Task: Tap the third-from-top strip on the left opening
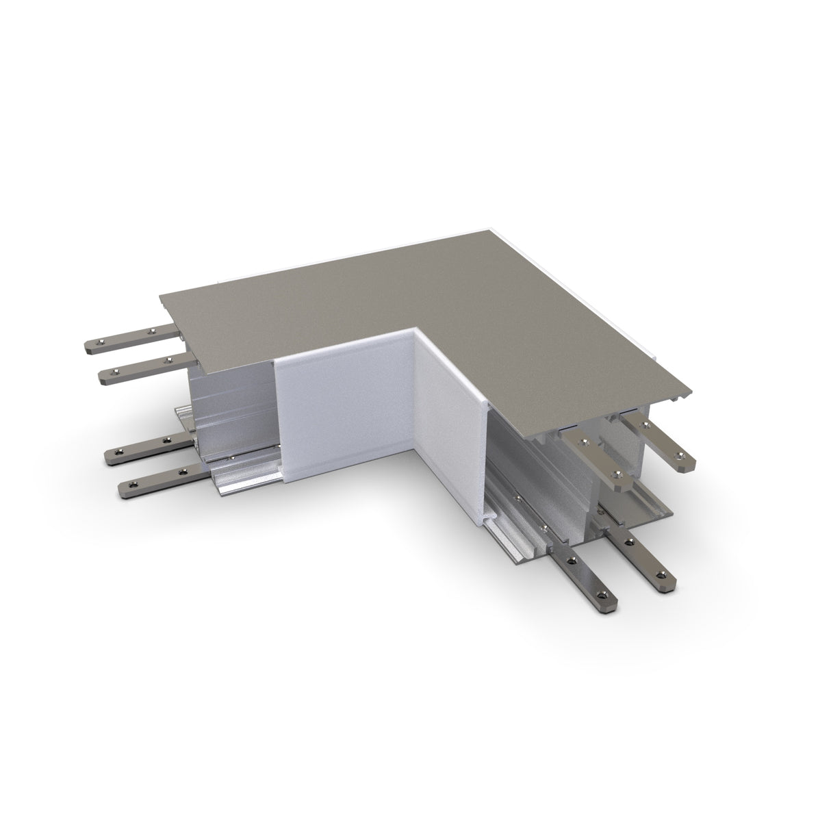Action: (x=147, y=447)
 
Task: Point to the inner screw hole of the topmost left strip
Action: (x=151, y=333)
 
